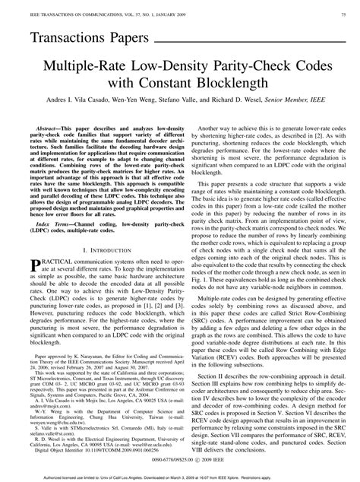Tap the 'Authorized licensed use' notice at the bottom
[x=180, y=475]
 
